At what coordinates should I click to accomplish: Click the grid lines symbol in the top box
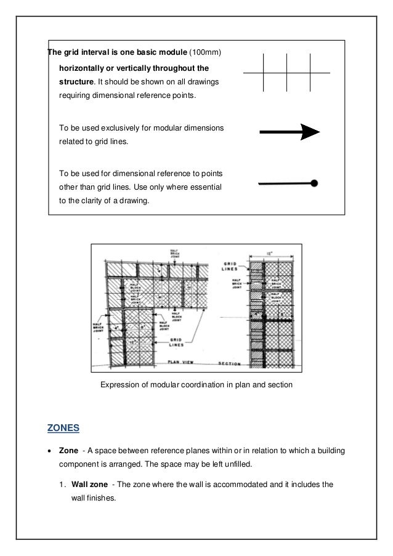tap(287, 73)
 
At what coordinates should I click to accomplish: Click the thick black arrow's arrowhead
tap(309, 132)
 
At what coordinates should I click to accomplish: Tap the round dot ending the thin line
tap(314, 183)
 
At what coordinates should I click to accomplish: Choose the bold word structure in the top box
tap(78, 81)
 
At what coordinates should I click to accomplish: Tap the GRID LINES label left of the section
tap(232, 266)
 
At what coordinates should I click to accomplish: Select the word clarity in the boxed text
tap(99, 200)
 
